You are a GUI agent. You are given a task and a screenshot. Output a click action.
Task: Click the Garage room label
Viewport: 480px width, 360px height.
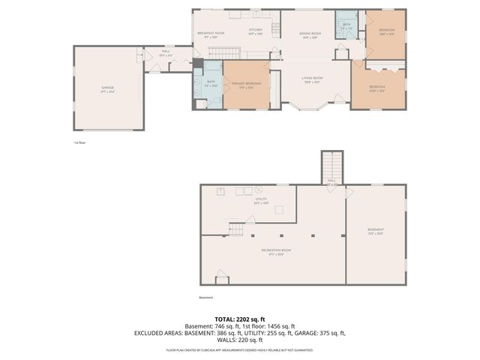[x=107, y=88]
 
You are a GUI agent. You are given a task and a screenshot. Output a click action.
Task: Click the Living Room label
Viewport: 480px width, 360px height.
[x=312, y=79]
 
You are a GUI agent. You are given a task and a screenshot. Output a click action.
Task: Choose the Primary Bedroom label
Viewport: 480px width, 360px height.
[x=246, y=84]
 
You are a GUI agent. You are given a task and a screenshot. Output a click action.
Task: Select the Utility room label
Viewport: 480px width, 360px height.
[x=261, y=200]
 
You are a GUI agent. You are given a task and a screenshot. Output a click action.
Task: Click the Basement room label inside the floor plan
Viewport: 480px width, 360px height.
[x=375, y=230]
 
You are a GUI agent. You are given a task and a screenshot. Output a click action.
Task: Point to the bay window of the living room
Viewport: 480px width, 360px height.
[x=311, y=107]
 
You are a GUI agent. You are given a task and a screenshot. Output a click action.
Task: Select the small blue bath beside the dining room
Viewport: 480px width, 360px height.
[x=346, y=28]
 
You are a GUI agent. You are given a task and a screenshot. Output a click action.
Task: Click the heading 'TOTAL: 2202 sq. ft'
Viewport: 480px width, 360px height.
[x=240, y=319]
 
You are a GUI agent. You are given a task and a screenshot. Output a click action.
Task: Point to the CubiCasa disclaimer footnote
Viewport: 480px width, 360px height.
[x=240, y=349]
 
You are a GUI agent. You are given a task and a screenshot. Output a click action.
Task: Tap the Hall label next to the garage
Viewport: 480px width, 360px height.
[x=166, y=52]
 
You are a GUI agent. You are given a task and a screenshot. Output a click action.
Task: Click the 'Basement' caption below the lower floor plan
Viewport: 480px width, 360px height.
[x=206, y=297]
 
